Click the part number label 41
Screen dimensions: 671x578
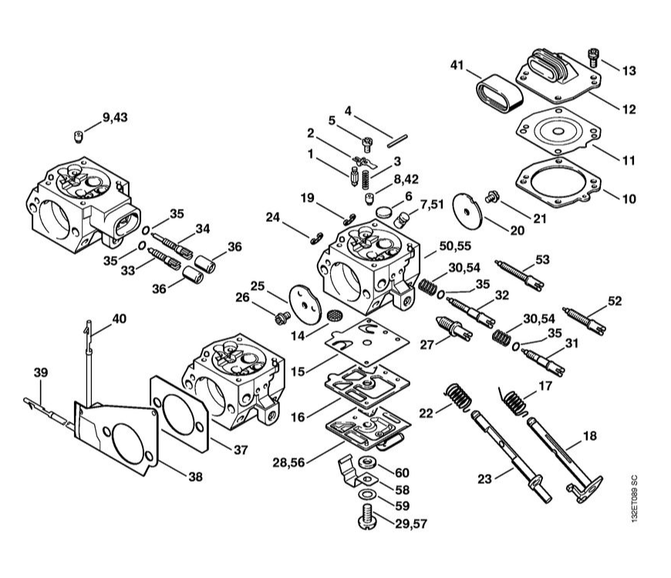point(457,66)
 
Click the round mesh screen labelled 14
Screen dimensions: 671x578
point(334,316)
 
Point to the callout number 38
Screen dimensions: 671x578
point(196,477)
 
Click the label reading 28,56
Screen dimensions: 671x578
point(289,462)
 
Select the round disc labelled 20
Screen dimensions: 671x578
point(467,211)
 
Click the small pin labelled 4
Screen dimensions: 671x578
point(397,141)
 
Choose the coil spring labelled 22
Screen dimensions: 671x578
point(459,396)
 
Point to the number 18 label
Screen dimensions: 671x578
point(590,436)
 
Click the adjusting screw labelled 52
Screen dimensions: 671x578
point(584,321)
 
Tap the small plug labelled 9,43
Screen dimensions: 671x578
point(77,137)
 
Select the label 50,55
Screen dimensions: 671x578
point(455,246)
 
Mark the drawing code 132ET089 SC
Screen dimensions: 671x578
point(634,498)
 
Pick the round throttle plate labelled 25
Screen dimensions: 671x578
point(305,304)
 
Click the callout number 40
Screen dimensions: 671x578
point(120,319)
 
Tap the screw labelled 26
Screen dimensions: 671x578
point(282,318)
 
